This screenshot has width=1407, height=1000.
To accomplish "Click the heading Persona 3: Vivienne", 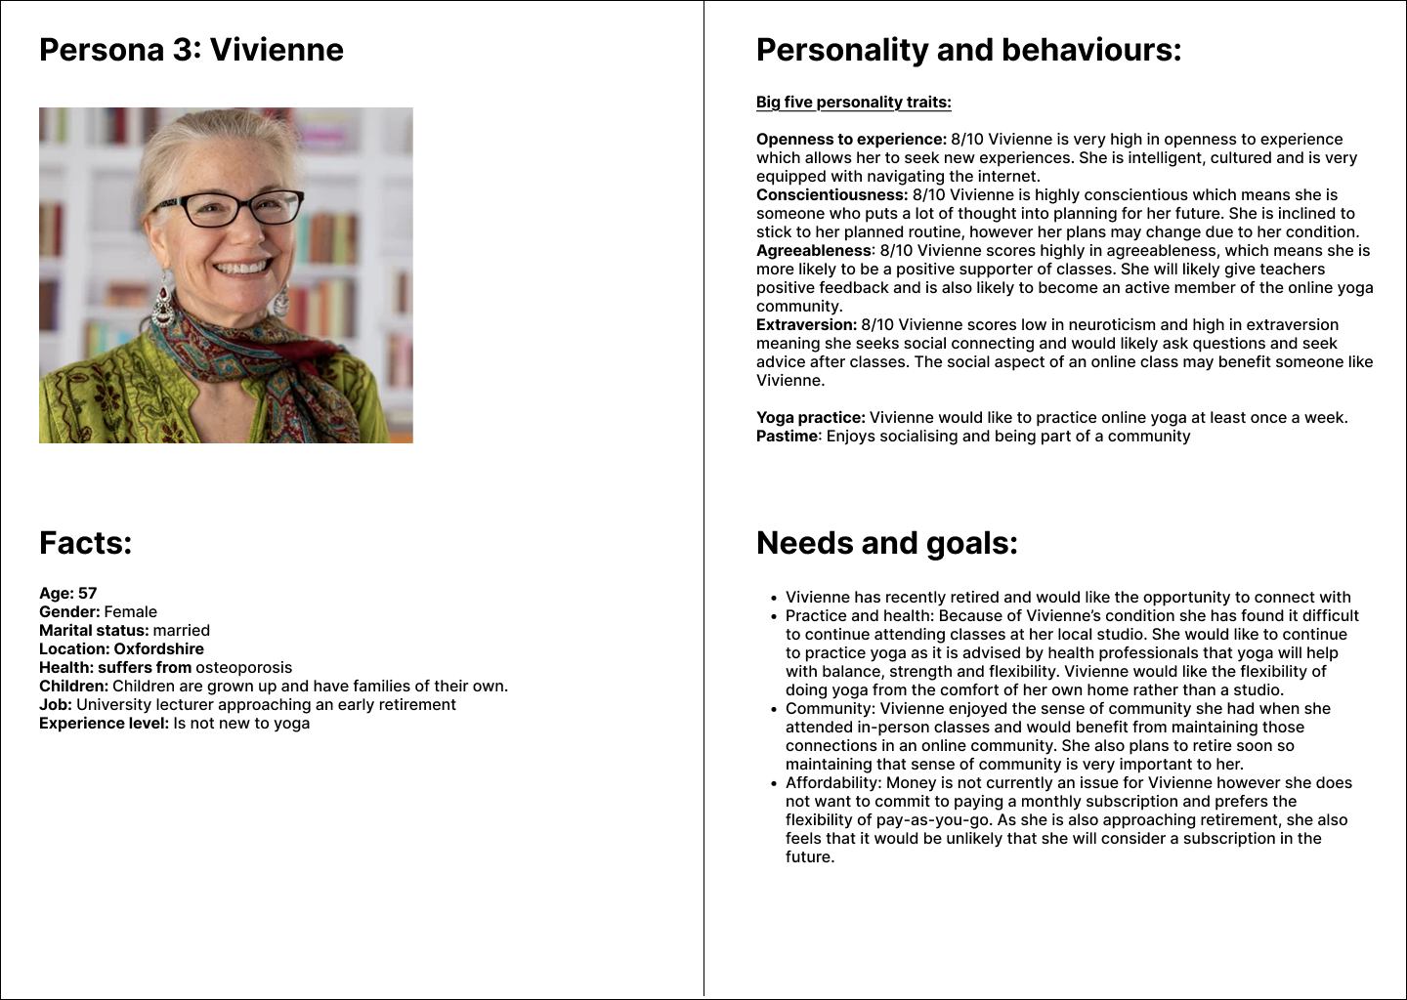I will [x=192, y=50].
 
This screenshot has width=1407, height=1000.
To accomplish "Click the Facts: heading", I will [x=85, y=543].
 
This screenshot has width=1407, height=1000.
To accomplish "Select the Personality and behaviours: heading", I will [x=968, y=50].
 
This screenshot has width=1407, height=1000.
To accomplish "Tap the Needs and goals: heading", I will [x=886, y=543].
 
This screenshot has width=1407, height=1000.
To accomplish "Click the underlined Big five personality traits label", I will [x=853, y=103].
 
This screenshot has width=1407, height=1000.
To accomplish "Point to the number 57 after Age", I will [x=88, y=594].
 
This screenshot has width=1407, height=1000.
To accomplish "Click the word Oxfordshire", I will [x=158, y=649].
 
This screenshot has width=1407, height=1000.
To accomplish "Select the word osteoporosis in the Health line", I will [x=243, y=668].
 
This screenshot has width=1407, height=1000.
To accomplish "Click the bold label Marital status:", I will [x=94, y=631].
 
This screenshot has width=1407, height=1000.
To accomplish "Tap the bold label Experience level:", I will [x=104, y=724].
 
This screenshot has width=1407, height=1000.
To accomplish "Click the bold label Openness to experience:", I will [x=851, y=140].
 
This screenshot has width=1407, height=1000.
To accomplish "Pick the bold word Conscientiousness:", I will [x=831, y=195].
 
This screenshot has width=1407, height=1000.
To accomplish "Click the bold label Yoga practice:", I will [x=810, y=418].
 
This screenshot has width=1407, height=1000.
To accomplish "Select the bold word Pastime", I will [x=787, y=437].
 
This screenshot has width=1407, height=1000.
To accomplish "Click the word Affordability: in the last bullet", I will [x=832, y=783].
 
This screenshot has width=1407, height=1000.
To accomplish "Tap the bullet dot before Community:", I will [x=774, y=710].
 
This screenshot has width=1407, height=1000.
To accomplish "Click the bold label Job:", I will [x=55, y=705].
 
